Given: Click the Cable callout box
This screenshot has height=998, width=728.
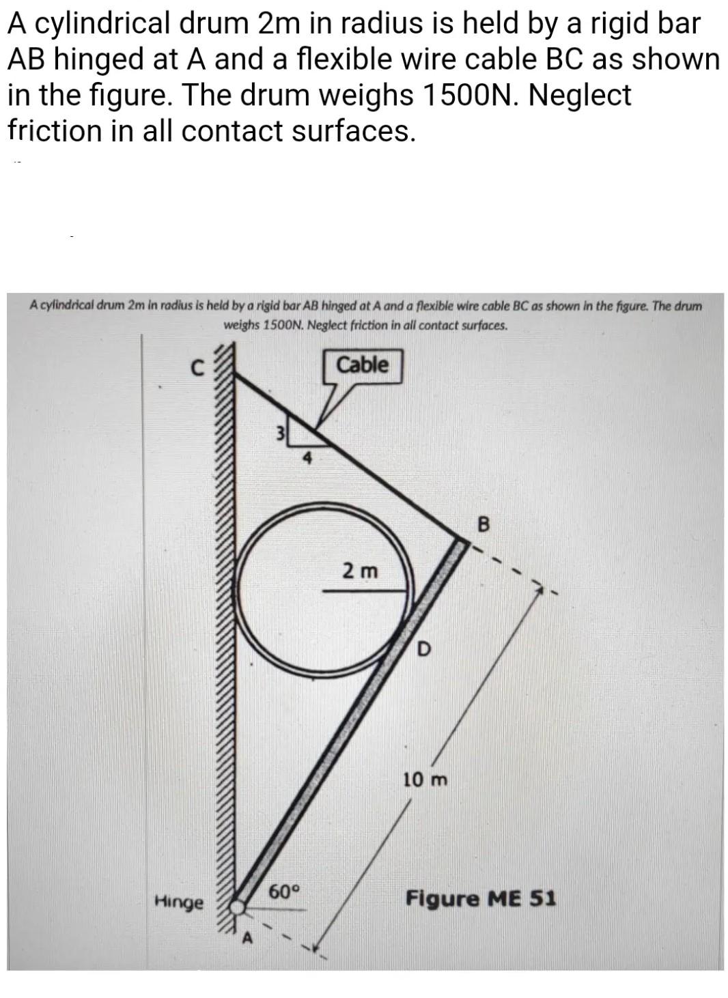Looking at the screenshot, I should point(362,365).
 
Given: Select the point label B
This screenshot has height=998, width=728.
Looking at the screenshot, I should point(484,525).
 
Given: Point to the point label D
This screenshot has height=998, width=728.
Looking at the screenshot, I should point(423,649).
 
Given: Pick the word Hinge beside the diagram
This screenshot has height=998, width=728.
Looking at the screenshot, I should point(179,902).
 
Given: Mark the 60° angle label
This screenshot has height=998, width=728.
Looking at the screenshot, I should point(284,892).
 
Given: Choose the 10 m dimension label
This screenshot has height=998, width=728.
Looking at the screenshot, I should point(425,779).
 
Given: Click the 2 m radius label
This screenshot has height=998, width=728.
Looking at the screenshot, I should point(360,570).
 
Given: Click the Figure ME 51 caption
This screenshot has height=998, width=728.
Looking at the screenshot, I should point(481,898).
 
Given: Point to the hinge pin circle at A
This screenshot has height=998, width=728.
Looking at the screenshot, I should point(237,907).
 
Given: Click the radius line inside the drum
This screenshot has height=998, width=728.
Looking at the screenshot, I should point(367,591).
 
